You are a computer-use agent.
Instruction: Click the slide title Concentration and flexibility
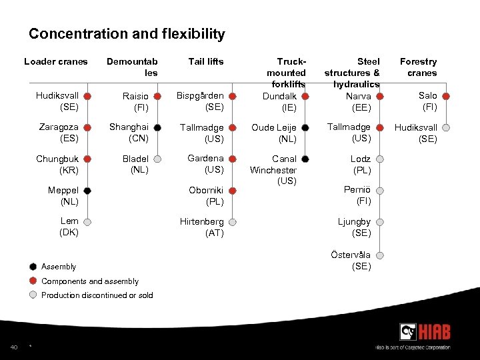click(x=127, y=34)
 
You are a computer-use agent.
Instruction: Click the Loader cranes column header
click(x=56, y=62)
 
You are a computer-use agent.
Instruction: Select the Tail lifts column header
click(x=206, y=62)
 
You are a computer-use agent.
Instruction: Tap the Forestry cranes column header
click(x=419, y=67)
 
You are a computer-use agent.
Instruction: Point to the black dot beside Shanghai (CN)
click(x=157, y=127)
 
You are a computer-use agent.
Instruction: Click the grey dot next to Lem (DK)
click(x=87, y=222)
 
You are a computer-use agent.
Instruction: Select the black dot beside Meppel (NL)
click(x=87, y=191)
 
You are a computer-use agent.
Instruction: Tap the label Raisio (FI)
click(x=136, y=101)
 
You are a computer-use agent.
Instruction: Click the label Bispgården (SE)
click(x=200, y=101)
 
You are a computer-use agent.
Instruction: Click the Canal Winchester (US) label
click(x=273, y=170)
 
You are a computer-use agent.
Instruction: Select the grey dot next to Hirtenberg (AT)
click(x=233, y=222)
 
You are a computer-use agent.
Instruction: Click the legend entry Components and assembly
click(x=89, y=281)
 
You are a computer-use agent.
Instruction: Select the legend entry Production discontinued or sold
click(x=97, y=295)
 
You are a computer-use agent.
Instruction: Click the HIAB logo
click(x=425, y=331)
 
